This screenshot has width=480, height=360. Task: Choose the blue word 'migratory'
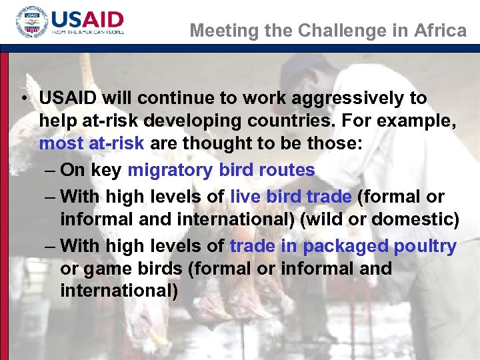click(170, 170)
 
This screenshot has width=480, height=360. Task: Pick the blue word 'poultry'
click(425, 246)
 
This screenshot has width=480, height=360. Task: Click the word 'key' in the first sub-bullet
click(107, 170)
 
